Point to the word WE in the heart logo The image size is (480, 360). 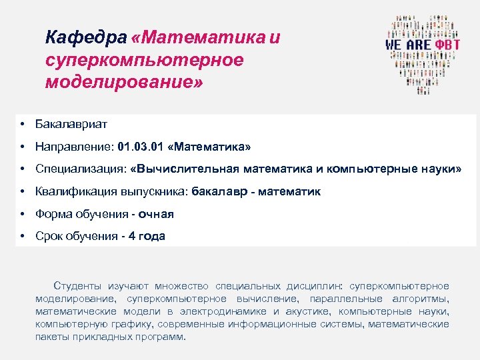[395, 44]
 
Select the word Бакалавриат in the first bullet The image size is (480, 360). [71, 124]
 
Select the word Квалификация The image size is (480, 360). [76, 192]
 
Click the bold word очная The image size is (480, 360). [156, 214]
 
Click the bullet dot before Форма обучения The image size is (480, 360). [23, 214]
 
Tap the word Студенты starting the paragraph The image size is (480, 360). [79, 286]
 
